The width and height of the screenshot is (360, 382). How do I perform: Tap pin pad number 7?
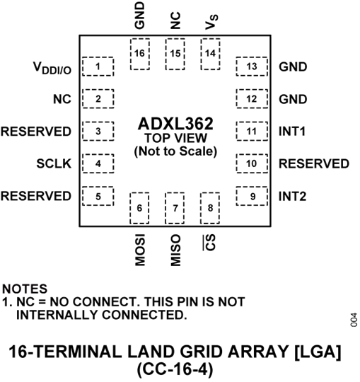point(175,207)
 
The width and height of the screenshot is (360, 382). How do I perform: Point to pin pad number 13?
point(252,66)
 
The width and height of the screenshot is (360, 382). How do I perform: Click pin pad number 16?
point(140,53)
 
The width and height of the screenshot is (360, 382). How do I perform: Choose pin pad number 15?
point(175,53)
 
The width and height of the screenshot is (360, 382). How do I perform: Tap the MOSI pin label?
point(140,247)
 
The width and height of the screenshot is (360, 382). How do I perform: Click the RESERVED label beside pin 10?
point(314,164)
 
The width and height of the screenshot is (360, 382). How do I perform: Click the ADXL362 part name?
point(174,125)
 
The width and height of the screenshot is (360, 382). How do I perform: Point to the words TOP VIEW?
point(174,139)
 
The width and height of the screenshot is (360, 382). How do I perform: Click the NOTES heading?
point(25,289)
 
